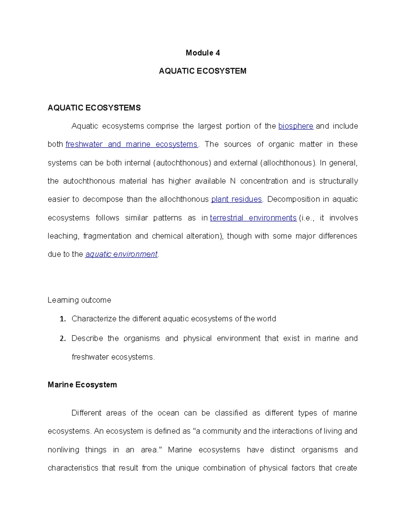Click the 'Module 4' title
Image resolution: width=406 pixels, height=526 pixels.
(203, 53)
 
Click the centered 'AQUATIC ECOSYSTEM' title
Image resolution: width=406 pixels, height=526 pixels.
(203, 71)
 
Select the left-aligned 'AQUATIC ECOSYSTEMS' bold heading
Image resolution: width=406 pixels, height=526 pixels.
(94, 108)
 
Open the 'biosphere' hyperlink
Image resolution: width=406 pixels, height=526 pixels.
(296, 126)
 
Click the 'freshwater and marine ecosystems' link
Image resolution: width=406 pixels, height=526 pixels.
(131, 144)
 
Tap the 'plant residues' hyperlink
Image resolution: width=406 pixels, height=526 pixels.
(236, 199)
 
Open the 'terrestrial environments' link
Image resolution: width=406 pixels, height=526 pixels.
(253, 218)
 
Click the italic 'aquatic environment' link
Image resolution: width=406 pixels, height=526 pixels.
(121, 254)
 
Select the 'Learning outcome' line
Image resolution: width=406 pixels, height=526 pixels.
(80, 300)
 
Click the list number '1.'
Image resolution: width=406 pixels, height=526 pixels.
(63, 319)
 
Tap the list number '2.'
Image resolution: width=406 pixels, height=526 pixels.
(63, 339)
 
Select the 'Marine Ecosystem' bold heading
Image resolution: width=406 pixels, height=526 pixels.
(82, 385)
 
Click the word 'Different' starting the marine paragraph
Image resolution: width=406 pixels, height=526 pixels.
(86, 413)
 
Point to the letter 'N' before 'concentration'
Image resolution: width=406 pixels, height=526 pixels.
(232, 181)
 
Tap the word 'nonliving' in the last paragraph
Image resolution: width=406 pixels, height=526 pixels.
(63, 450)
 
